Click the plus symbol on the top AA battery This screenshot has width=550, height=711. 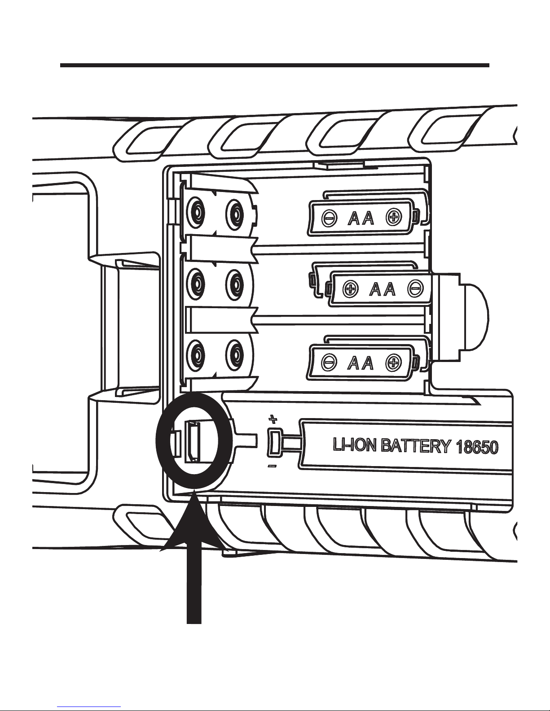(x=394, y=218)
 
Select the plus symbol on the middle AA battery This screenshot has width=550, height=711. (x=350, y=289)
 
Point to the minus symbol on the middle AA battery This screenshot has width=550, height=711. (x=415, y=289)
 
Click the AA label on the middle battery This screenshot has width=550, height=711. (x=383, y=289)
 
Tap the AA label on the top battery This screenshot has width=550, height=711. (x=361, y=218)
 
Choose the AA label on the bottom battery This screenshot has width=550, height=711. (x=361, y=362)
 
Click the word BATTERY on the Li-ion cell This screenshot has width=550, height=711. (x=415, y=447)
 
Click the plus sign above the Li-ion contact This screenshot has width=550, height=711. (x=272, y=420)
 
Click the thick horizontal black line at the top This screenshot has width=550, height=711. (x=274, y=65)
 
